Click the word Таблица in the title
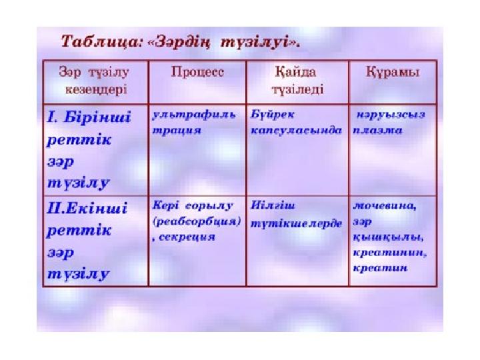pos(101,41)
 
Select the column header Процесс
pos(197,72)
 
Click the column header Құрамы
pos(393,73)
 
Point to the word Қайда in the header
pos(295,72)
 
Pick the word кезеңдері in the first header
pos(96,90)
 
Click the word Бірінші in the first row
pos(97,117)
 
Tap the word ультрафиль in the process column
pos(194,115)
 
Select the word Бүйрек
pos(273,115)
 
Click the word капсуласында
pos(296,131)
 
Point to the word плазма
pos(377,131)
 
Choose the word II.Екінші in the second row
pos(87,208)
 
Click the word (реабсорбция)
pos(197,221)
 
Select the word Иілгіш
pos(273,205)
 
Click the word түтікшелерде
pos(296,223)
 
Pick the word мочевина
pos(385,205)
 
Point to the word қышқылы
pos(388,237)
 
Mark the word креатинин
pos(389,253)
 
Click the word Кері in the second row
pos(165,205)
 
